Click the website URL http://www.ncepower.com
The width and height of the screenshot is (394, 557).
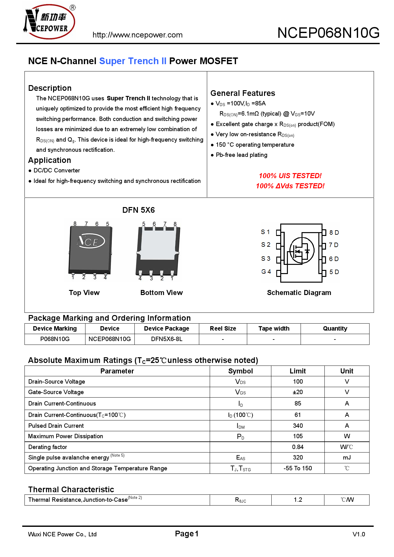pos(137,35)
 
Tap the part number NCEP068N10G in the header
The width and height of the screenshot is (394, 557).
pos(328,33)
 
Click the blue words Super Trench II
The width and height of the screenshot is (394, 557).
pos(132,61)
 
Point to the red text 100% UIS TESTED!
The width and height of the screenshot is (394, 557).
pos(290,176)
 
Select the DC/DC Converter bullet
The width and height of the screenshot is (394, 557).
pos(57,171)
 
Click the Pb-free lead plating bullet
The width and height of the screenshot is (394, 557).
pos(241,155)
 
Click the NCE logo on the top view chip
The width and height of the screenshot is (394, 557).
pos(91,241)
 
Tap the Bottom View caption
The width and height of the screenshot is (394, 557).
pos(161,293)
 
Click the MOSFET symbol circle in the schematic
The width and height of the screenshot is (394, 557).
pos(302,250)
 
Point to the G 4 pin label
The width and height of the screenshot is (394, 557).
pos(266,272)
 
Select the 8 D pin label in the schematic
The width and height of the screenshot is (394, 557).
pos(334,232)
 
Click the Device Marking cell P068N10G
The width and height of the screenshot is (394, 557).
pos(55,339)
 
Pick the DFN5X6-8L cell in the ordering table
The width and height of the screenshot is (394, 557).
pos(166,339)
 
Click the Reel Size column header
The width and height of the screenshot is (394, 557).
pos(223,329)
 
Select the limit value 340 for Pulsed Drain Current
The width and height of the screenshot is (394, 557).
pos(298,426)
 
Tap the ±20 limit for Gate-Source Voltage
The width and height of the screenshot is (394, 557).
pos(298,392)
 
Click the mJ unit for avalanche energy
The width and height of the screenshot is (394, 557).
pos(347,458)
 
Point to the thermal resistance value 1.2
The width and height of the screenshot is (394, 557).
pos(298,500)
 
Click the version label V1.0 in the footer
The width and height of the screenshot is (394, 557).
pos(358,534)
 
